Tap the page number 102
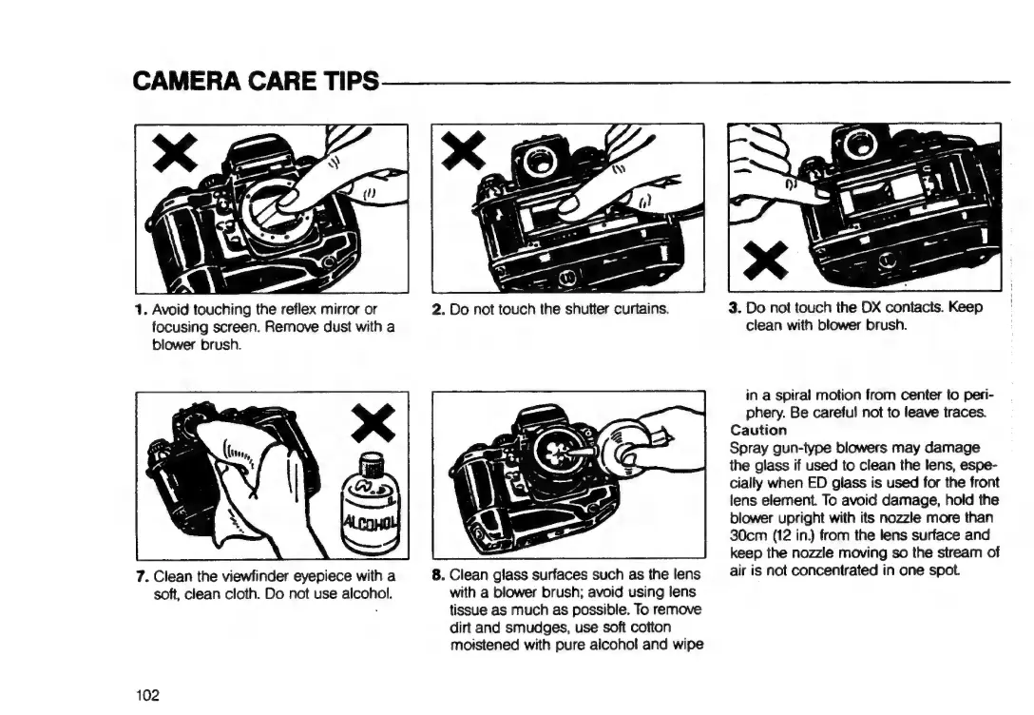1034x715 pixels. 147,695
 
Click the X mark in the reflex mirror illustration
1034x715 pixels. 176,151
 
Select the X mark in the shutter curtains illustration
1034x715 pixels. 464,149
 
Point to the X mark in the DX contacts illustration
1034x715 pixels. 765,260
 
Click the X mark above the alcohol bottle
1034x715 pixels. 373,422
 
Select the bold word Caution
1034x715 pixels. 758,430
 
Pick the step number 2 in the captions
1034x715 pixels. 438,309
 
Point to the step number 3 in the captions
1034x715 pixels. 735,307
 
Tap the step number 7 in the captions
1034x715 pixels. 141,576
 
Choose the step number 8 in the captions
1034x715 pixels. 438,574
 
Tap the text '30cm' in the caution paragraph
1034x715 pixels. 744,535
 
